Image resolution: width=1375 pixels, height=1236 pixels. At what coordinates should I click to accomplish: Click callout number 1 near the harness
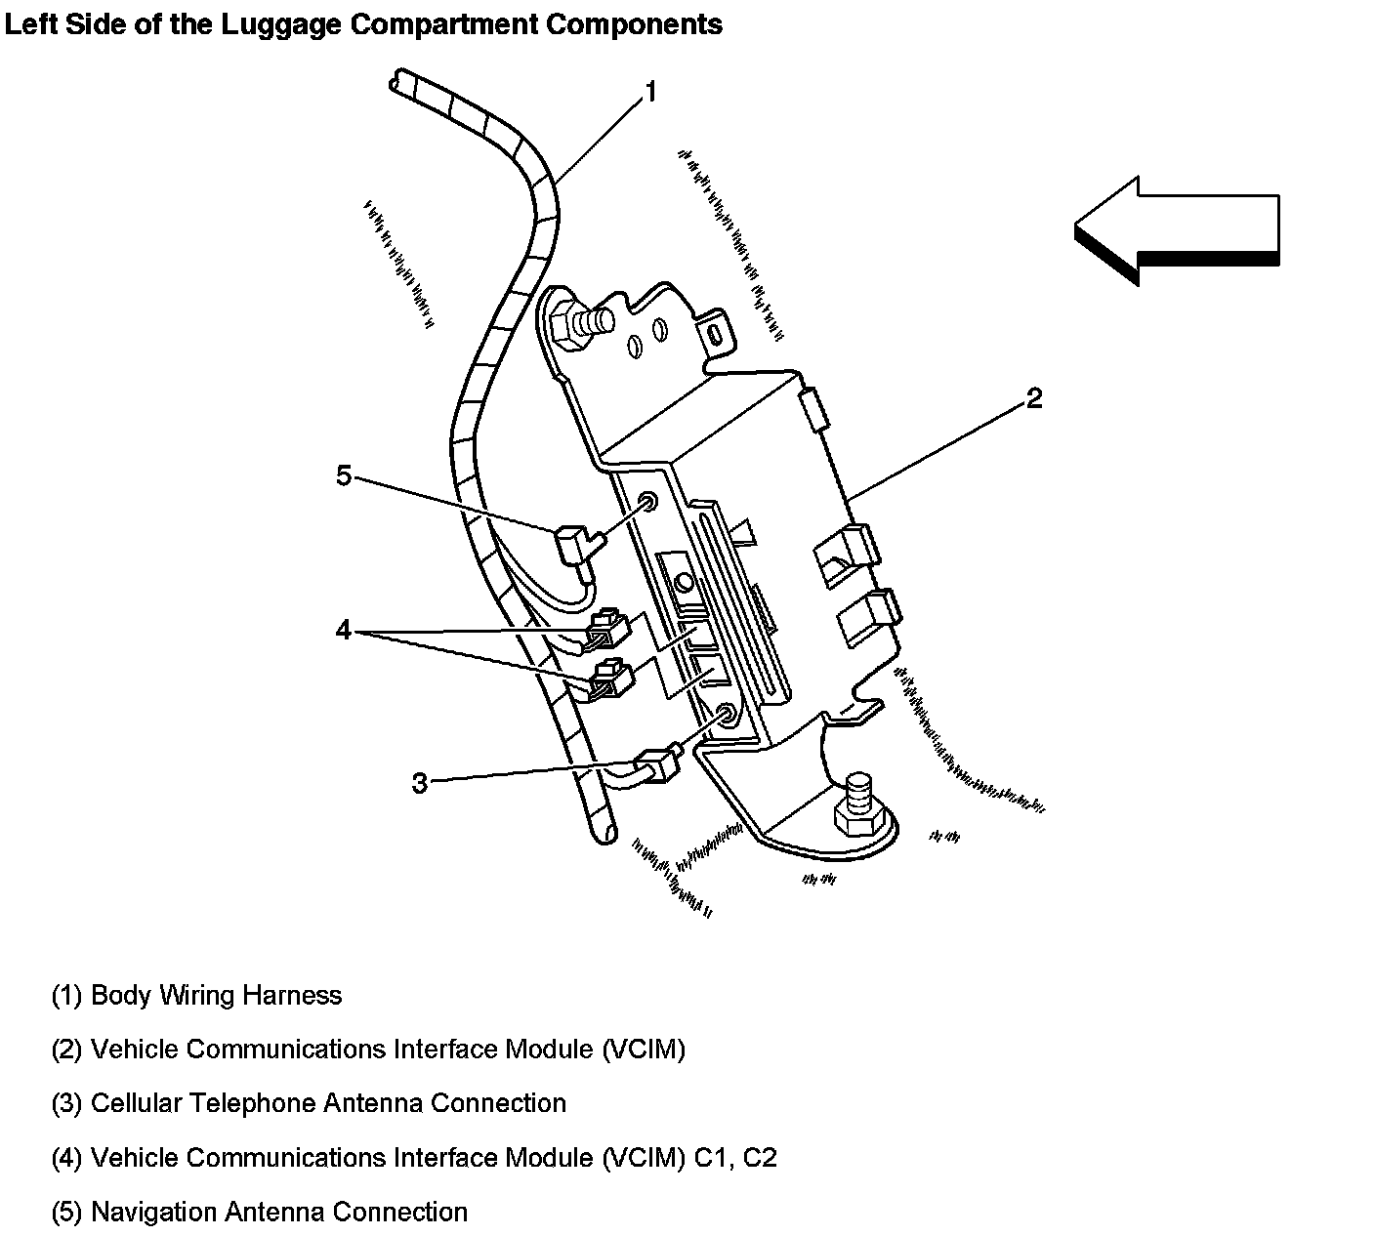pos(649,93)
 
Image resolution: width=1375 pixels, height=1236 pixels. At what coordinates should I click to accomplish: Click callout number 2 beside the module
pos(1033,398)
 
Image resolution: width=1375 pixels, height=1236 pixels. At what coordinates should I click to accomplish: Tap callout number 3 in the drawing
pos(419,783)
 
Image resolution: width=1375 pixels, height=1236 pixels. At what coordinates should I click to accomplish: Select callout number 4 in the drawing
pos(343,631)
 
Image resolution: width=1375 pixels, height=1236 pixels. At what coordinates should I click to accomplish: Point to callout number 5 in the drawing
pos(343,475)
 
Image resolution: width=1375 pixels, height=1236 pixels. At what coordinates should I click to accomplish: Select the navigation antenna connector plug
pos(572,544)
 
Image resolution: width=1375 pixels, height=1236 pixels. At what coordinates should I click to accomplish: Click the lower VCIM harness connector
pos(609,679)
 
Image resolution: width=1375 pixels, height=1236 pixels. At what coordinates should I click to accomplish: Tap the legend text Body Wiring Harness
pos(216,996)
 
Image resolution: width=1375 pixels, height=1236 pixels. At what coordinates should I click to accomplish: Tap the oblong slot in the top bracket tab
pos(715,334)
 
